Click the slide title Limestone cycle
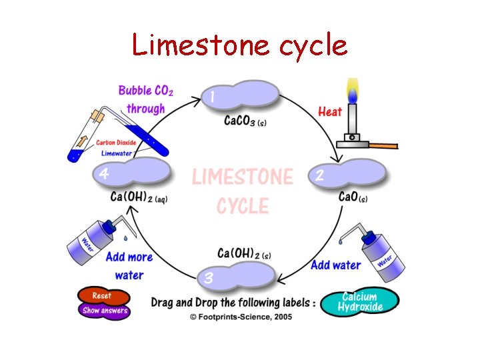point(239,45)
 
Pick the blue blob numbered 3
point(237,275)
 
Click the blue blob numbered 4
point(132,172)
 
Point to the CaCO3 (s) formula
point(245,121)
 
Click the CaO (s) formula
point(353,197)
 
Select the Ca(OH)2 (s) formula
point(245,253)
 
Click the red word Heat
point(329,111)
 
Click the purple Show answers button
point(104,311)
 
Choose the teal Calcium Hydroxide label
point(359,302)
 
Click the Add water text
point(335,265)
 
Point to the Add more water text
point(129,265)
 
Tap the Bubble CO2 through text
point(145,99)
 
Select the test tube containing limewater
point(117,134)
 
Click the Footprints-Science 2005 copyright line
point(240,317)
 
